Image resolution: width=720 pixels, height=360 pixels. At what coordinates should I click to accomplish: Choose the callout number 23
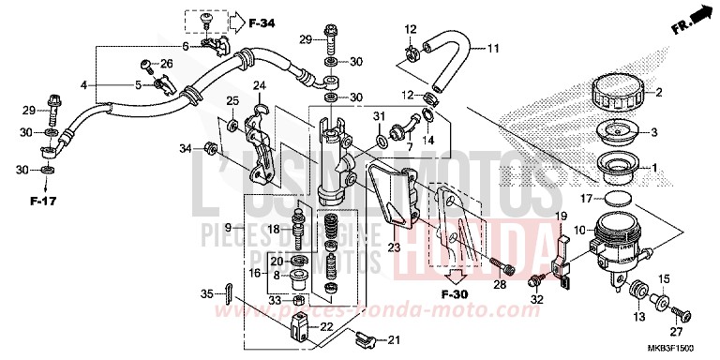pyautogui.click(x=393, y=247)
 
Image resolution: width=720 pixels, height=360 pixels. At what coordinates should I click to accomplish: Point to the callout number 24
pyautogui.click(x=259, y=87)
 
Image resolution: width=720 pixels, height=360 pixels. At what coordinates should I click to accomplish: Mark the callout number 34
pyautogui.click(x=186, y=147)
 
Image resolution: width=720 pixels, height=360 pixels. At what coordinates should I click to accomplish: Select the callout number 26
pyautogui.click(x=167, y=64)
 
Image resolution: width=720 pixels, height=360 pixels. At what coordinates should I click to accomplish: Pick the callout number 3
pyautogui.click(x=655, y=132)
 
